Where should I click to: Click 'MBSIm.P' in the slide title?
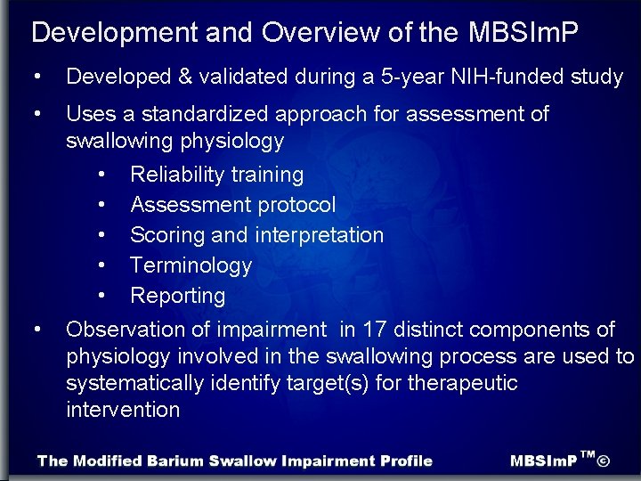[x=523, y=33]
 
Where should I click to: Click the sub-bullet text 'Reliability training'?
[x=217, y=175]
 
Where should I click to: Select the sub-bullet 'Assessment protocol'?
[x=233, y=205]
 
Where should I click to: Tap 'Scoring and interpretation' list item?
[x=256, y=235]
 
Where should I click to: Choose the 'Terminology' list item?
[x=191, y=265]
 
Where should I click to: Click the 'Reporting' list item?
[x=178, y=296]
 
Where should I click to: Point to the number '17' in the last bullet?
[x=375, y=330]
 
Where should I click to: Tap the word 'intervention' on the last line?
[x=123, y=410]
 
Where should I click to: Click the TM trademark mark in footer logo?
[x=587, y=455]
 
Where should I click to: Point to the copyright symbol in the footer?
[x=604, y=461]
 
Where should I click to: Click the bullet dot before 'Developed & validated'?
[x=37, y=77]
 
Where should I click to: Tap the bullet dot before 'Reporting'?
[x=104, y=296]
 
